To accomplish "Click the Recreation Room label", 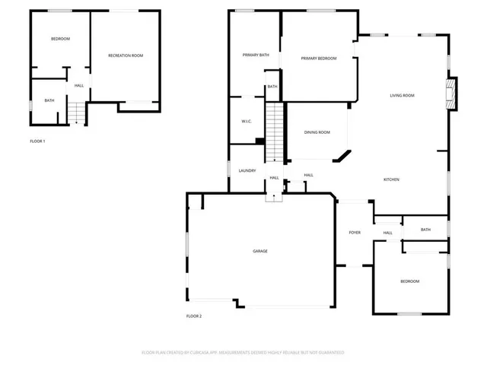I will [x=126, y=56].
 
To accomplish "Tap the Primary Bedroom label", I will [x=318, y=59].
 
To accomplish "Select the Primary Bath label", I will [x=256, y=55].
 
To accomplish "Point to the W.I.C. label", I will [x=247, y=121].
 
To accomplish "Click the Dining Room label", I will [x=317, y=132].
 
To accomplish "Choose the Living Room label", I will [x=402, y=95].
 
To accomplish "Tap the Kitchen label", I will [x=391, y=179].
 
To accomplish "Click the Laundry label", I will [x=247, y=170].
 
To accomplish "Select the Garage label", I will [x=260, y=251].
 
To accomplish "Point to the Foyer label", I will [x=355, y=232].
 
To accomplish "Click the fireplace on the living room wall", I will [x=451, y=94].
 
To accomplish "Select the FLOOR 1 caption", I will [x=37, y=141].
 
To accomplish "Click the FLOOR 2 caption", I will [x=194, y=316].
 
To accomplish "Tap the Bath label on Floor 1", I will [x=49, y=100].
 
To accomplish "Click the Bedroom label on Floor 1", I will [x=60, y=39].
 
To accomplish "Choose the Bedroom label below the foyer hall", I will [x=409, y=281].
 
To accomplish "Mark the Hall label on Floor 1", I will [x=78, y=85].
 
